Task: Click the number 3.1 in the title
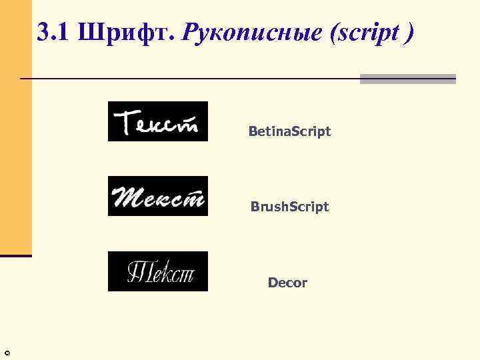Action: tap(54, 32)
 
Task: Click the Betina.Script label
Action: tap(289, 132)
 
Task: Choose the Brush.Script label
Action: tap(289, 207)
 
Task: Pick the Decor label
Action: tap(287, 283)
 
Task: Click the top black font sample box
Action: tap(158, 121)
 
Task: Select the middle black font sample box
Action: tap(158, 196)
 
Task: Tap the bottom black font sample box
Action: tap(158, 271)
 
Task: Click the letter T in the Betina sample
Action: tap(124, 123)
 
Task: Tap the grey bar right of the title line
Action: tap(407, 79)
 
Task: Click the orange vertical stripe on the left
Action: tap(16, 127)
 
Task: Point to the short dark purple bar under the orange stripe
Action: tap(16, 255)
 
